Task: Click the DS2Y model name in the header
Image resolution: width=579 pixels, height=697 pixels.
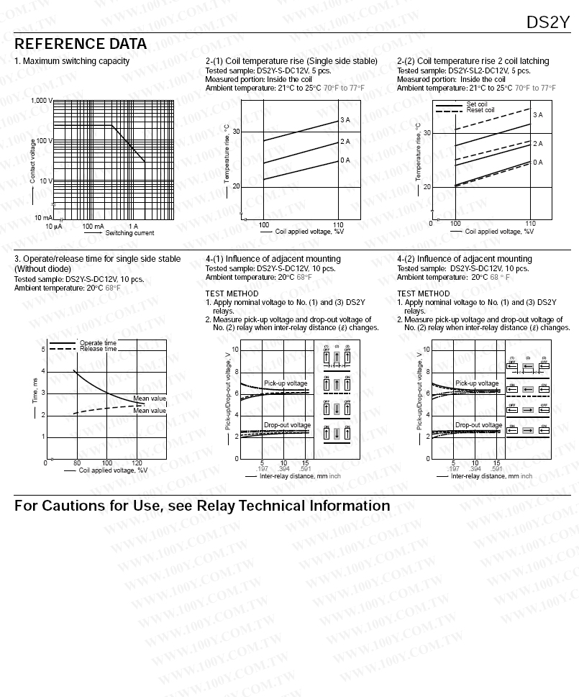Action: pyautogui.click(x=547, y=22)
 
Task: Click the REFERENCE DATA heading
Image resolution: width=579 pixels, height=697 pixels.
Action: pyautogui.click(x=81, y=44)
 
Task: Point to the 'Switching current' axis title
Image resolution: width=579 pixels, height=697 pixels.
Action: pyautogui.click(x=129, y=233)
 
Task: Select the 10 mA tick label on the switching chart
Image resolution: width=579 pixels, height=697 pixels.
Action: pyautogui.click(x=43, y=217)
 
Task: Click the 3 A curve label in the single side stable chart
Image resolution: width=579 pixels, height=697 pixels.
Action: pyautogui.click(x=345, y=120)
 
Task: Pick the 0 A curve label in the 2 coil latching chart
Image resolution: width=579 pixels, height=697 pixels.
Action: pyautogui.click(x=537, y=163)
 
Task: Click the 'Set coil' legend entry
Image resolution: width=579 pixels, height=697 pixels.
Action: pyautogui.click(x=477, y=104)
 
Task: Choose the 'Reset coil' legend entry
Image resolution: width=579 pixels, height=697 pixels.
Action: pyautogui.click(x=480, y=110)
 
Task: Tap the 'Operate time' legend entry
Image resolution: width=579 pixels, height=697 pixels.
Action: pyautogui.click(x=98, y=343)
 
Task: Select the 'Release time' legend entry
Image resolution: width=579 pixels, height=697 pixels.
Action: pyautogui.click(x=98, y=349)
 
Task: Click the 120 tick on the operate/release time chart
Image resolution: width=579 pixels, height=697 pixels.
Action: pyautogui.click(x=137, y=463)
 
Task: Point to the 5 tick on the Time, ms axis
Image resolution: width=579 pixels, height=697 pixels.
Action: pyautogui.click(x=43, y=350)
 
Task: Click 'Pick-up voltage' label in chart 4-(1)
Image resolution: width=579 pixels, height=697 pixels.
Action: pyautogui.click(x=285, y=383)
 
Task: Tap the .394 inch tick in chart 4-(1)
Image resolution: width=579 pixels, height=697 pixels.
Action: pyautogui.click(x=284, y=469)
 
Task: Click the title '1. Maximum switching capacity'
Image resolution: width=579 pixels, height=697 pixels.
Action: pyautogui.click(x=72, y=61)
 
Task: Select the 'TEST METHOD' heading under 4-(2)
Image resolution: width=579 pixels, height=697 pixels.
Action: pyautogui.click(x=423, y=293)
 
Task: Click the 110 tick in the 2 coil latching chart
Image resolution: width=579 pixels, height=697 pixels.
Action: pyautogui.click(x=530, y=224)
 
